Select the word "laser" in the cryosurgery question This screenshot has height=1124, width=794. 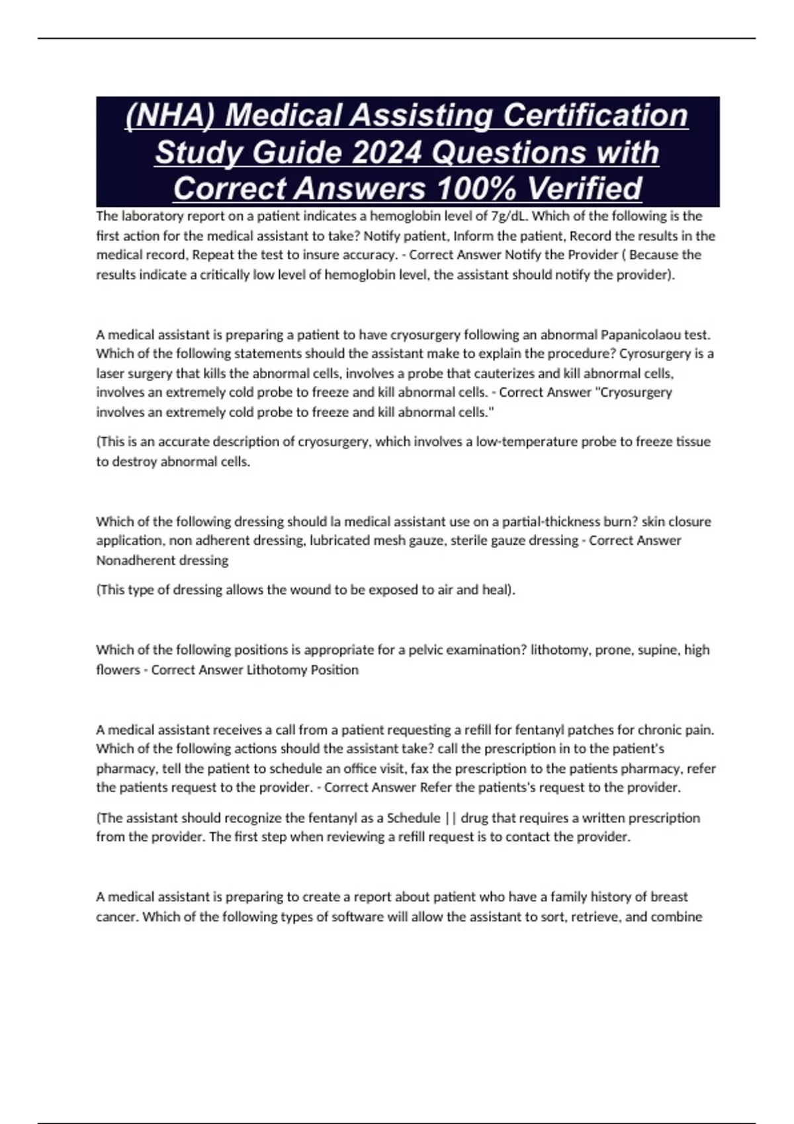coord(110,374)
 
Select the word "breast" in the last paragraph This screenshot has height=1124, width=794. coord(669,897)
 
